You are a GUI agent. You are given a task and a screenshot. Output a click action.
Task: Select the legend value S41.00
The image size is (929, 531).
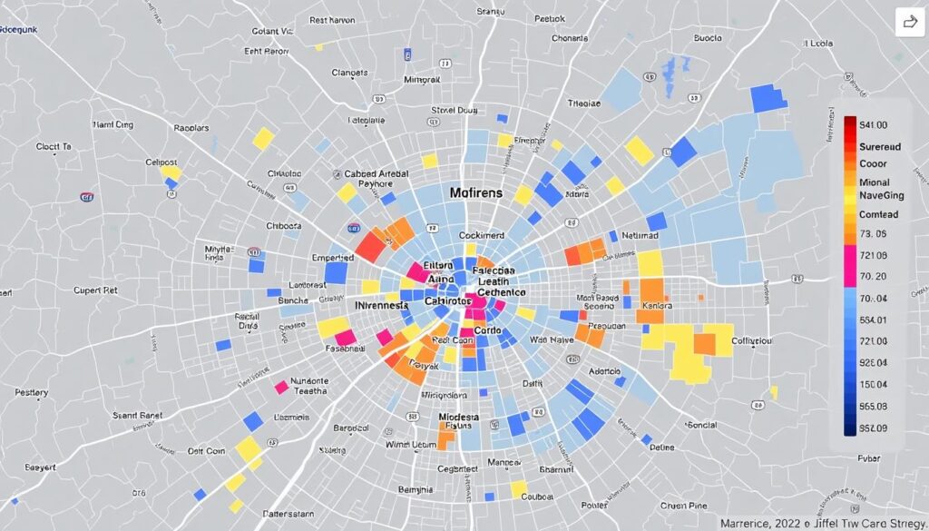pos(873,125)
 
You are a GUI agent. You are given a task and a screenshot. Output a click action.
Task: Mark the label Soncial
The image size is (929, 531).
pos(702,424)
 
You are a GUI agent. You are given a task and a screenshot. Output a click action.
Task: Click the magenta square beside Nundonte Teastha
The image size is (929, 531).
pos(281,388)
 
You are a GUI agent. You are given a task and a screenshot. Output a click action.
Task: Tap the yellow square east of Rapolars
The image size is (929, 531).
pos(263,138)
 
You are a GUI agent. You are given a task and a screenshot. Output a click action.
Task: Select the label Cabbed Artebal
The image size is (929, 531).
pos(376,173)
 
